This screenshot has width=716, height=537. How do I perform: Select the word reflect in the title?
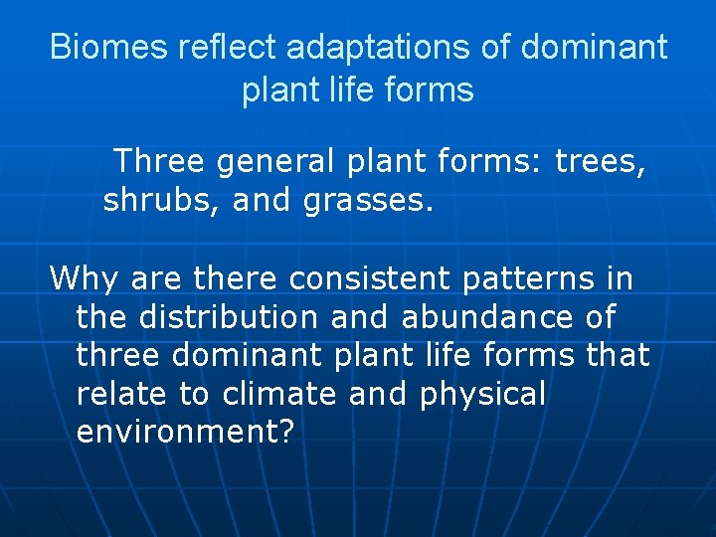pyautogui.click(x=206, y=47)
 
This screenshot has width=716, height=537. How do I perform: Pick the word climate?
pyautogui.click(x=279, y=394)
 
